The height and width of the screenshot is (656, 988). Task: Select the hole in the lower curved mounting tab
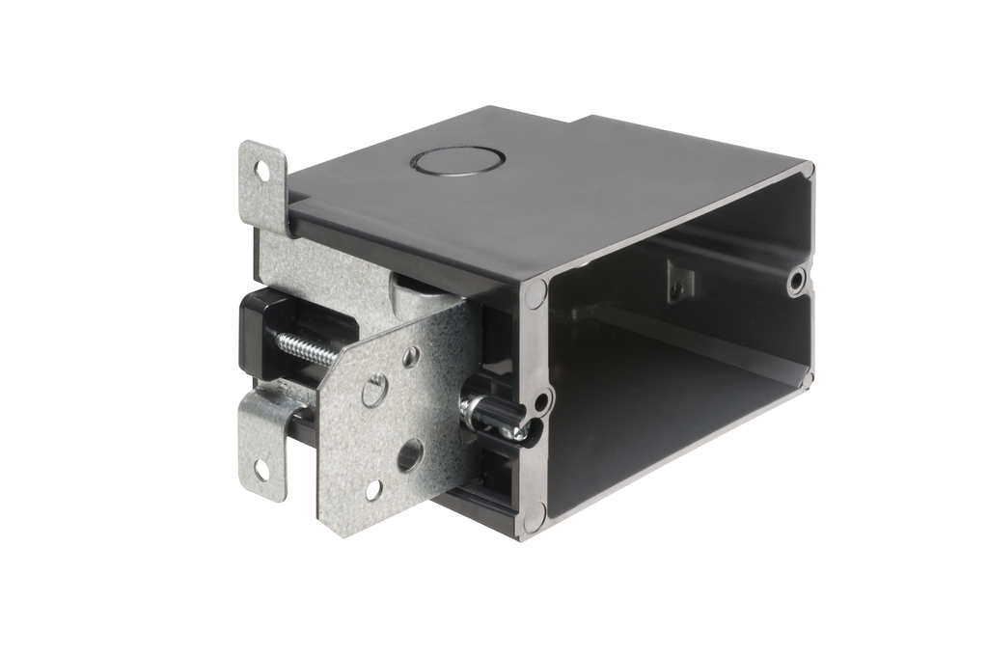tap(261, 470)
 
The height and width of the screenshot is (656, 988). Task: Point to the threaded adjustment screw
tap(308, 348)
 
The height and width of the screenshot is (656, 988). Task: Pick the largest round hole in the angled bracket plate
tap(409, 454)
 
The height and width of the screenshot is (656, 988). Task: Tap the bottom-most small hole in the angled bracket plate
tap(373, 490)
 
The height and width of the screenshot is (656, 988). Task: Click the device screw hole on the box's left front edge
tap(542, 400)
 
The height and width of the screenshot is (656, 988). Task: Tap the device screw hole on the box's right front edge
tap(796, 281)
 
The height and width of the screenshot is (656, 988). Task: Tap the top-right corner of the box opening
tap(806, 172)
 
